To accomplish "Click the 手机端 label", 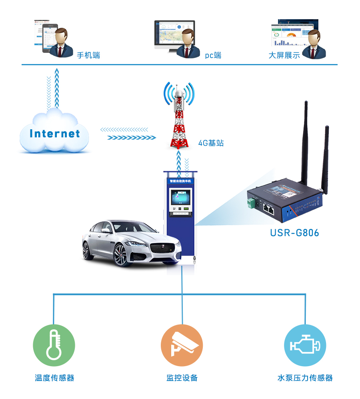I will (x=88, y=55).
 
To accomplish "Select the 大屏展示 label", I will (x=284, y=55).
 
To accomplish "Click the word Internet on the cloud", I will (x=55, y=134).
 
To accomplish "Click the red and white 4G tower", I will (x=178, y=120).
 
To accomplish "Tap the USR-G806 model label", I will (x=294, y=233).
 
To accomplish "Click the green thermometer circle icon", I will (x=54, y=345).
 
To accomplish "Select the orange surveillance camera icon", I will (x=182, y=345).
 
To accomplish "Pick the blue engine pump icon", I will (x=305, y=345).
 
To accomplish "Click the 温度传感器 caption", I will (x=54, y=378).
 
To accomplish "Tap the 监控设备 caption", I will (x=182, y=378).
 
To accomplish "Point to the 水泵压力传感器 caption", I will (x=305, y=378).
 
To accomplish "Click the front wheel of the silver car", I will (x=120, y=255).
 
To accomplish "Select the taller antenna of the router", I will (x=305, y=140).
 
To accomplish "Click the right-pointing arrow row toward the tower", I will (x=132, y=138).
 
